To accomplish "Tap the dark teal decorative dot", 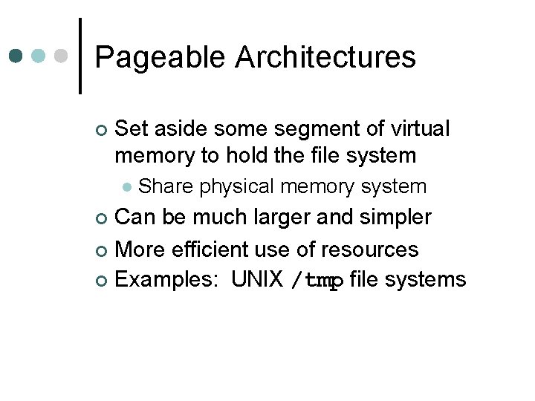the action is point(16,56).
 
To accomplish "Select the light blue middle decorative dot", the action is point(40,56).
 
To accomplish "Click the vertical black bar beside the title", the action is point(80,56).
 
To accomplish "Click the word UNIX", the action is point(257,279).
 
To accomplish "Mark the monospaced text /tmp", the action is point(317,281).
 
